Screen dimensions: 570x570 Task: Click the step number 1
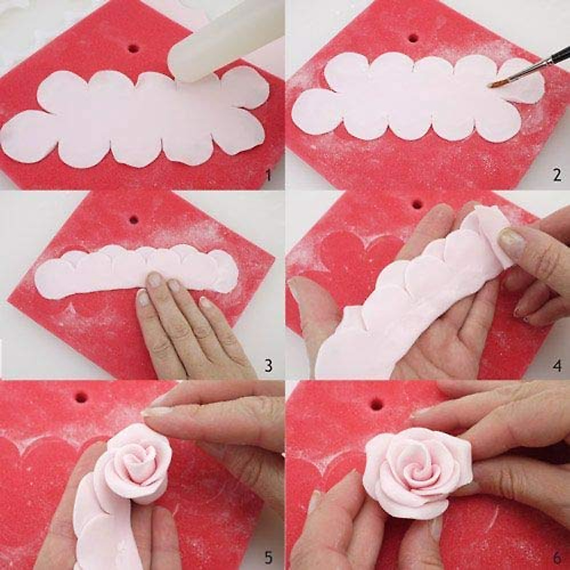coord(267,177)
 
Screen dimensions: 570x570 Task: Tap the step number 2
coord(557,175)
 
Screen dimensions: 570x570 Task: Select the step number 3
coord(268,366)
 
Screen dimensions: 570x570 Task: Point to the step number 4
coord(557,366)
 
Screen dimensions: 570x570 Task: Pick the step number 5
coord(268,555)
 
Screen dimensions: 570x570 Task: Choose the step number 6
coord(557,555)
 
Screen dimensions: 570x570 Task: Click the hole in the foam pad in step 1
coord(133,48)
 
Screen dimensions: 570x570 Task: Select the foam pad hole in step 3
coord(133,220)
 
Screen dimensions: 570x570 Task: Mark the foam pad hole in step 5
coord(82,395)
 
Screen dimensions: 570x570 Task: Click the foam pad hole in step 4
coord(417,204)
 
